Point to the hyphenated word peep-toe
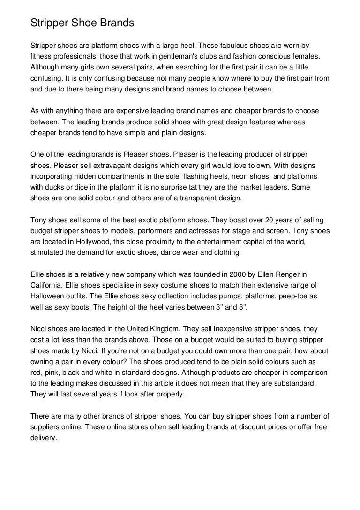[x=288, y=296]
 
